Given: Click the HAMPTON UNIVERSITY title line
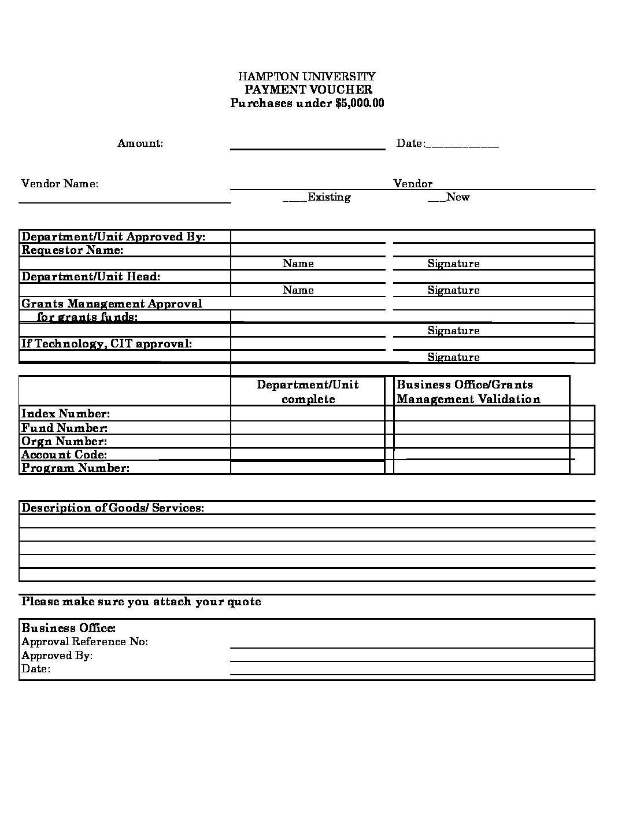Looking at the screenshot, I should pyautogui.click(x=307, y=76).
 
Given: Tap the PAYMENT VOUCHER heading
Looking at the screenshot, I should pyautogui.click(x=308, y=90).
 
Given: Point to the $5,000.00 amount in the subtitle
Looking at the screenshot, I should pyautogui.click(x=360, y=103).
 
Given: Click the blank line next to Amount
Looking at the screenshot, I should pyautogui.click(x=308, y=143).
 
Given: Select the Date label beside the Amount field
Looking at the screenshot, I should pyautogui.click(x=410, y=143).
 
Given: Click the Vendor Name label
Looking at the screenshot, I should pyautogui.click(x=60, y=184).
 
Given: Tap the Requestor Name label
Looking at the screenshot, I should pyautogui.click(x=72, y=250).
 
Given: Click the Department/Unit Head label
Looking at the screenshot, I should pyautogui.click(x=91, y=277).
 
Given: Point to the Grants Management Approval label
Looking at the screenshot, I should pyautogui.click(x=112, y=304).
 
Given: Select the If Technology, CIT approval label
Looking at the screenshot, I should pyautogui.click(x=106, y=344).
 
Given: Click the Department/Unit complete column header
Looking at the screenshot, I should pyautogui.click(x=308, y=392).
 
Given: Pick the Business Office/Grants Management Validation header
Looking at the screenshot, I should pyautogui.click(x=468, y=392).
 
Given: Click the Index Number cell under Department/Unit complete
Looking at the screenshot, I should pyautogui.click(x=308, y=413).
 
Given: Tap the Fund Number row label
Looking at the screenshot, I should pyautogui.click(x=64, y=428).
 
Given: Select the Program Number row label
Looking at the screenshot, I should pyautogui.click(x=75, y=468).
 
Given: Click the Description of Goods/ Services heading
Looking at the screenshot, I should pyautogui.click(x=113, y=508).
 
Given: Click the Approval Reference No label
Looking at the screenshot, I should pyautogui.click(x=84, y=642).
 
